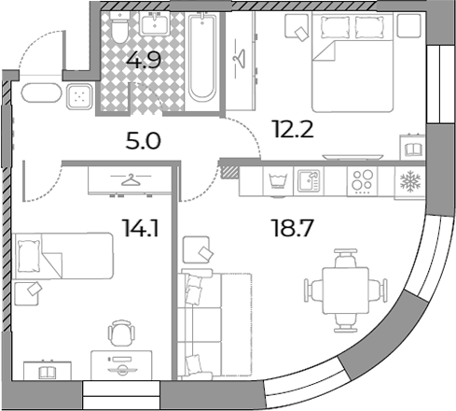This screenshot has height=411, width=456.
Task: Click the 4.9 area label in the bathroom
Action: coord(144,60)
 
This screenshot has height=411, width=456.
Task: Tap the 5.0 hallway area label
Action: coord(144,141)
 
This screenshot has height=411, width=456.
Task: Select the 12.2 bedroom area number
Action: coord(293,129)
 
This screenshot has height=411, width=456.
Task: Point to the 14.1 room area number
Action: coord(141,228)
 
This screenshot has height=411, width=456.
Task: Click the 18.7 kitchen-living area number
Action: coord(293,228)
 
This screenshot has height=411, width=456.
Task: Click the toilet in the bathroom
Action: coord(119,28)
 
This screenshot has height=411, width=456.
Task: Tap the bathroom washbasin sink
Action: coord(154,24)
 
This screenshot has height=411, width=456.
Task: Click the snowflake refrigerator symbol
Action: coord(410,180)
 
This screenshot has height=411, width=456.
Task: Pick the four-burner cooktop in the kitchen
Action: coord(362,181)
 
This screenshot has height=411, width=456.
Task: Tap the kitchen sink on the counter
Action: coord(309,181)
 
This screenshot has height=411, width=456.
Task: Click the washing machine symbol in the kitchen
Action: coord(278,181)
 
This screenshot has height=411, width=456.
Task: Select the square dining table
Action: coord(346,291)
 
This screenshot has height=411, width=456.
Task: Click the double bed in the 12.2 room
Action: coord(352,63)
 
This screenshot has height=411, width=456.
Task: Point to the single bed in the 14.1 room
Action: coord(64,255)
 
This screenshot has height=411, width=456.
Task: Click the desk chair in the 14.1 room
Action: coord(121,333)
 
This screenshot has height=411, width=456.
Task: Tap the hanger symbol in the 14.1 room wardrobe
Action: coord(131,179)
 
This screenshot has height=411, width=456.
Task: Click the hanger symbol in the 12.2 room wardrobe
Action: coord(241,58)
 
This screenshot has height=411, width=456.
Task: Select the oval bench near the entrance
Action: coord(41,92)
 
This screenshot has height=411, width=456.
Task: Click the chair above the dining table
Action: coord(345,258)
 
